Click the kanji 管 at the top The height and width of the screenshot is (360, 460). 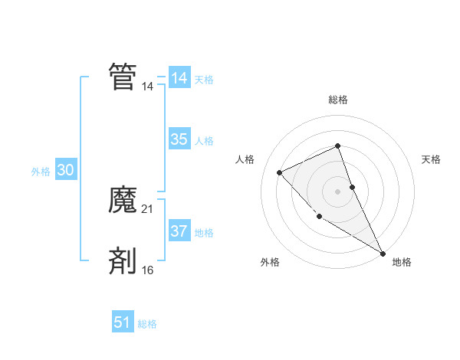pos(123,77)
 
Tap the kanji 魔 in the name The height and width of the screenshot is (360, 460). pos(123,200)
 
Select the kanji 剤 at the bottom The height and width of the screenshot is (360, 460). pos(123,260)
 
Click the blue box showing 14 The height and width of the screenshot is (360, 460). pos(179,78)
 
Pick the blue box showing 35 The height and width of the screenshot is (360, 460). pos(179,139)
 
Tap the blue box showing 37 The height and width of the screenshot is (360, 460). pos(179,231)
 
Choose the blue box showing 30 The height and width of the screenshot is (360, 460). pos(65,171)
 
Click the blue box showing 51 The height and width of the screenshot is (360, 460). pos(123,322)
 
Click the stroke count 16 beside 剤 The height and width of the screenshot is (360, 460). pos(148,270)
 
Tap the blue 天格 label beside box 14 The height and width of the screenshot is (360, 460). pos(204,80)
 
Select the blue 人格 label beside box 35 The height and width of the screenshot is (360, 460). pos(204,141)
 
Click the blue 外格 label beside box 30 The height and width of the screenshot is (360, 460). pos(41,172)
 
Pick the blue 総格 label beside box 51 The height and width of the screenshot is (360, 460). pos(147,324)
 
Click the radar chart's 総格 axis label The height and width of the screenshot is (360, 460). pos(338,100)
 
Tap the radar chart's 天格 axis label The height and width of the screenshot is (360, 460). pos(432,159)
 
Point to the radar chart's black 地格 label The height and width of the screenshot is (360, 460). pos(402,262)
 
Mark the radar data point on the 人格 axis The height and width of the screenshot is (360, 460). pos(280,172)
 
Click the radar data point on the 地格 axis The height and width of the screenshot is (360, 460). pos(383,253)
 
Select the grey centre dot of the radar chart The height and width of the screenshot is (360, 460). pos(337,191)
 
